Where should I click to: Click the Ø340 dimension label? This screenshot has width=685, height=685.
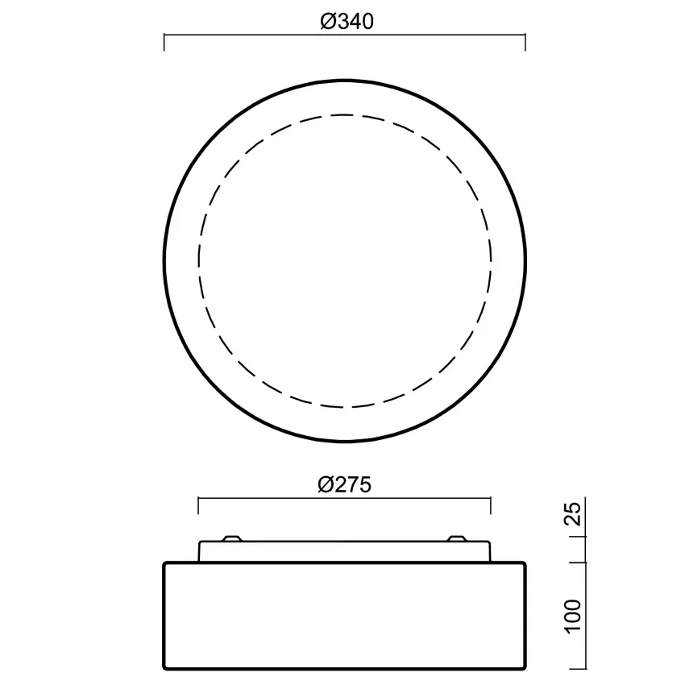coord(346,22)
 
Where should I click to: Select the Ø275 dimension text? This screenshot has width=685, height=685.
coord(346,484)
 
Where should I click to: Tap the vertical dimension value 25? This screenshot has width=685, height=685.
coord(572,514)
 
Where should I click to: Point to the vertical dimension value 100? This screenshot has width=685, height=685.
coord(572,616)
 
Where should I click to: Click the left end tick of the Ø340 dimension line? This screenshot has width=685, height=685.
coord(164,42)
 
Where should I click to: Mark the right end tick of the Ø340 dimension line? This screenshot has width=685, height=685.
coord(525,42)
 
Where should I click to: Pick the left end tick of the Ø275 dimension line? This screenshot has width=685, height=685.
coord(199,505)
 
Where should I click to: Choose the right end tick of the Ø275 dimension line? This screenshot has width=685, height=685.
coord(490,505)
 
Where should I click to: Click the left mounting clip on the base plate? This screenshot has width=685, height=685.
coord(231,538)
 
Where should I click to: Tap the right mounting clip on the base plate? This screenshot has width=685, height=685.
coord(456,538)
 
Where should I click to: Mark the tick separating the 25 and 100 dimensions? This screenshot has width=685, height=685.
coord(583,563)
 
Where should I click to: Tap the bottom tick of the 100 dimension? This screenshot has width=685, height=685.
coord(583,669)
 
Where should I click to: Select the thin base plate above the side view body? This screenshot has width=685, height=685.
coord(344,552)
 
